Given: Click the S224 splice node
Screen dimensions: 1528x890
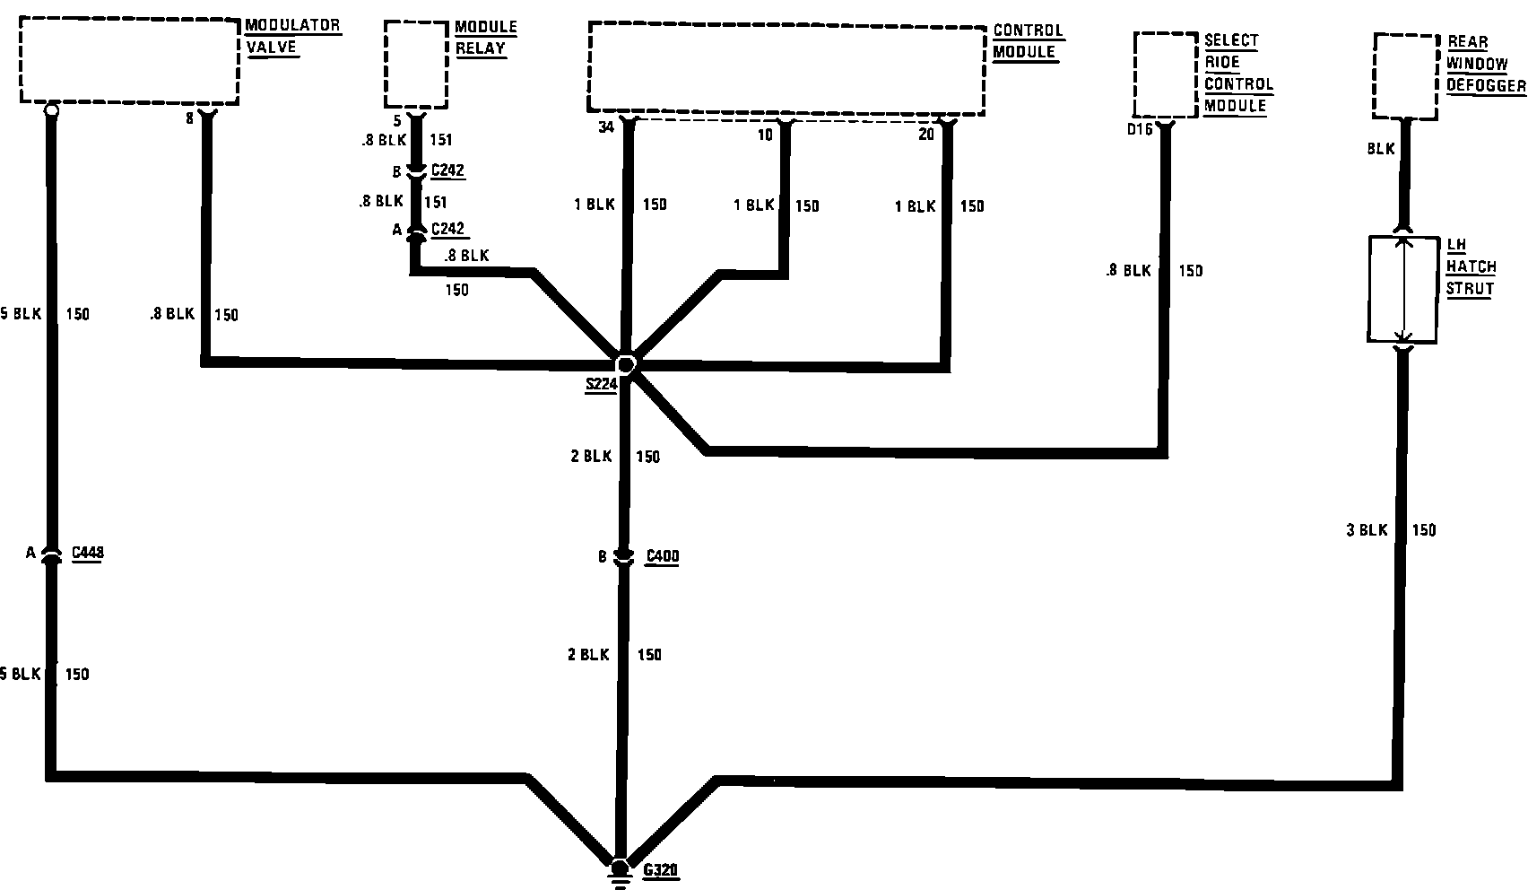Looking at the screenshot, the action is click(625, 364).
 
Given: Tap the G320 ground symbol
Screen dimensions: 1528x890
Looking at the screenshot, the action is click(619, 872).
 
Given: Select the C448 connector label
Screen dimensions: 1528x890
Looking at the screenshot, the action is click(87, 552).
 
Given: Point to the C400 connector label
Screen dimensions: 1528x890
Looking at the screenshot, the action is click(663, 556).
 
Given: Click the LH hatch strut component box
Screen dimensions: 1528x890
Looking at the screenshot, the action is click(1402, 289).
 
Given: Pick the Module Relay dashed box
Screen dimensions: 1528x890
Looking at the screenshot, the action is click(416, 65).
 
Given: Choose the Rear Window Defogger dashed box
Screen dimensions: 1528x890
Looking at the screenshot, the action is click(1405, 75).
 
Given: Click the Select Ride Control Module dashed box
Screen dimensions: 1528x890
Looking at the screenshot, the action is click(1165, 74).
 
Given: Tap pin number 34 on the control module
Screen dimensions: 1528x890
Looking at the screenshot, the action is click(606, 128).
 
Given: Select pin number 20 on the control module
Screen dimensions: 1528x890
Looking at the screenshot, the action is click(926, 135).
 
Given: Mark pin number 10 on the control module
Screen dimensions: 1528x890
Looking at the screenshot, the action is click(765, 135).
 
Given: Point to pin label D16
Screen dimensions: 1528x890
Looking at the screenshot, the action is click(1140, 130).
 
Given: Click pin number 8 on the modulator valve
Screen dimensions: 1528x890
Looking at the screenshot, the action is click(189, 118).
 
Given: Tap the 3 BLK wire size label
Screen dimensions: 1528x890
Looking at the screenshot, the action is click(1367, 530).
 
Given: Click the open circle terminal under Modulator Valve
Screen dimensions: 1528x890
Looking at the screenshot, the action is click(51, 110).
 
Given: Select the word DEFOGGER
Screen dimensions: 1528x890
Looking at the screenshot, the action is click(1486, 85).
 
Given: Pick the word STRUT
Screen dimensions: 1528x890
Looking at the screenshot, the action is click(1469, 289).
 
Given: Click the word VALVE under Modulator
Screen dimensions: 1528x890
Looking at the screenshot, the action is click(271, 47).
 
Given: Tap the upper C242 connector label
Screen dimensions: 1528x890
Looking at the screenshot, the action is click(447, 170).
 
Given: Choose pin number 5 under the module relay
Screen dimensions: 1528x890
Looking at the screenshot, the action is click(397, 120).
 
